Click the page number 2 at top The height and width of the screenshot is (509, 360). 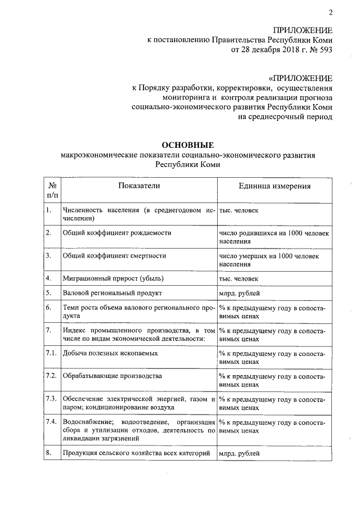tap(331, 13)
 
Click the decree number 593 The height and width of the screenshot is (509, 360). tap(325, 50)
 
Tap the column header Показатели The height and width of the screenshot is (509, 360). tap(139, 186)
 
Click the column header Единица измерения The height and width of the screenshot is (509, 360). tap(274, 187)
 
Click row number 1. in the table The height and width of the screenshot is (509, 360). tap(49, 210)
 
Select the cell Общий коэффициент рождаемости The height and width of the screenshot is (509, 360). tap(117, 232)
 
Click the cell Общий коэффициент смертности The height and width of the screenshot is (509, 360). tap(114, 255)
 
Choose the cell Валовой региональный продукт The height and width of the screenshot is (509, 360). tap(112, 293)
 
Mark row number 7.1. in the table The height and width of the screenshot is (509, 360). tap(51, 353)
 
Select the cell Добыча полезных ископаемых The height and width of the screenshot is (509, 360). tap(110, 353)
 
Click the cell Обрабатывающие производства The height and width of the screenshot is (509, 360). tap(112, 376)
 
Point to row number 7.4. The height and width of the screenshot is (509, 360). tap(51, 421)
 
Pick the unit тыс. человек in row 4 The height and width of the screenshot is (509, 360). tap(239, 278)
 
